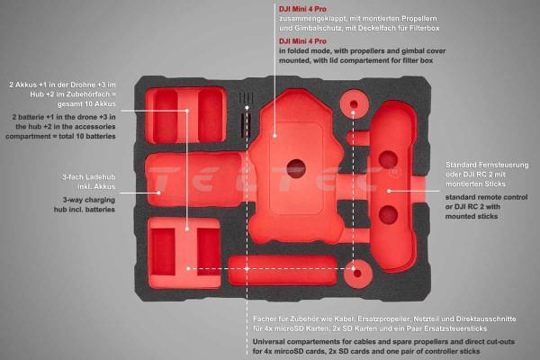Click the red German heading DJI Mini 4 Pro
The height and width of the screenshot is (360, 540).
point(302,9)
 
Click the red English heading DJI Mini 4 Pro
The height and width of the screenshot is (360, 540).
point(302,41)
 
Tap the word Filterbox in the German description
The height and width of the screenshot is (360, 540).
point(424,28)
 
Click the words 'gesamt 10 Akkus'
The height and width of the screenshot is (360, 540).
point(86,104)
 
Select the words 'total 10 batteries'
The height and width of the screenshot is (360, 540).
point(87,136)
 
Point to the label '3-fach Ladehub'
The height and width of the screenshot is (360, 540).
point(88,177)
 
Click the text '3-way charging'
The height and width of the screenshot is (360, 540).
point(89,200)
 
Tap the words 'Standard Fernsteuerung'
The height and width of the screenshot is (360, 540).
point(487,165)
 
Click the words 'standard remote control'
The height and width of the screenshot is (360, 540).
point(486,197)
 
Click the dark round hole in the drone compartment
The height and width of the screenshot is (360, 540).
point(296,168)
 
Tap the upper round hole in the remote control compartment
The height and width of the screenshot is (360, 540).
point(389,160)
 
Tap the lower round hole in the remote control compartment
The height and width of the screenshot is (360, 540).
point(389,214)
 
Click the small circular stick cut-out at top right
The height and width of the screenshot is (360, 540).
point(355,104)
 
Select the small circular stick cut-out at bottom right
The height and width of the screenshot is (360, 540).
point(358,274)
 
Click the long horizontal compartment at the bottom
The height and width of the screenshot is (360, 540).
point(283,271)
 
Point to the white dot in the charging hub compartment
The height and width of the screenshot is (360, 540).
point(158,193)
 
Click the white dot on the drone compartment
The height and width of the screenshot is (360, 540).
point(274,136)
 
